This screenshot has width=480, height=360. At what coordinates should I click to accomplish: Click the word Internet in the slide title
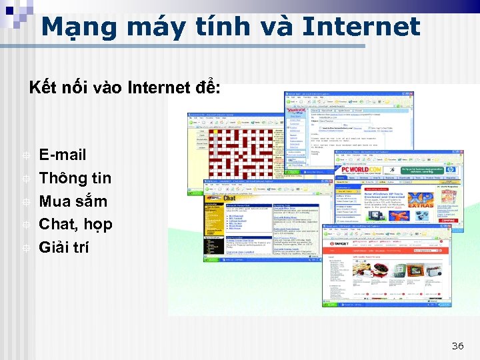coord(361,27)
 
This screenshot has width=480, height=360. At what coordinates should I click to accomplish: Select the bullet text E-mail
coord(63,155)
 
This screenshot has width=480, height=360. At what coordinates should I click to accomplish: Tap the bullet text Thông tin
coord(75,178)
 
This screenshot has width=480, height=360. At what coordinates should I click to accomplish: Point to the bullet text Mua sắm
coord(73,201)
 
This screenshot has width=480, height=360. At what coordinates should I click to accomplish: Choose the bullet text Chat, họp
coord(75,224)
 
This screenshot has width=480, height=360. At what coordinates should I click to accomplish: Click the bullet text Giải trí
coord(64,247)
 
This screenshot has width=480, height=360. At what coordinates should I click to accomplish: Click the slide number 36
coord(457,345)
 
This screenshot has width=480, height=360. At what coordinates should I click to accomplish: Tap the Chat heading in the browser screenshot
coord(229,198)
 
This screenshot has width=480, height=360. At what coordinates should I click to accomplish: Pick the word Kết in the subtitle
coord(40,87)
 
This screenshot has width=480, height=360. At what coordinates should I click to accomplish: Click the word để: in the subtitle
coord(207,87)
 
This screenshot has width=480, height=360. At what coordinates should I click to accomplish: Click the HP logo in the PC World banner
coord(451,170)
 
